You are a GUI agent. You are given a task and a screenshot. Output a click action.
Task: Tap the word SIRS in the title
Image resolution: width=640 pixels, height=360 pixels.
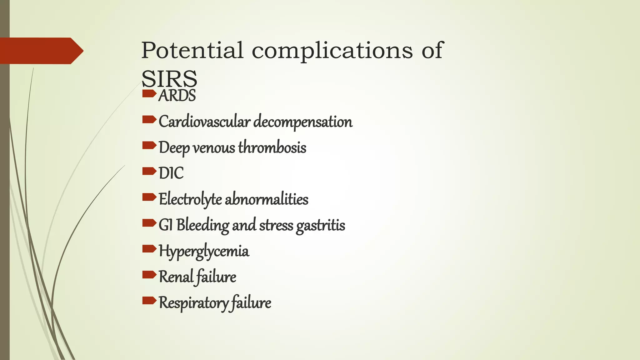coord(169,79)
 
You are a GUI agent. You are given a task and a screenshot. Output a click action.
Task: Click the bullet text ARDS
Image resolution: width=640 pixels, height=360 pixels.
coord(177,96)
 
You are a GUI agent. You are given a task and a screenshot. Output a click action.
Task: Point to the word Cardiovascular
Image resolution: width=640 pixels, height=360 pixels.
coord(204,122)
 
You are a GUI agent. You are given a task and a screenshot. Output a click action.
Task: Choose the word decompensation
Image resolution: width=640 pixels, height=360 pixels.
coord(303,122)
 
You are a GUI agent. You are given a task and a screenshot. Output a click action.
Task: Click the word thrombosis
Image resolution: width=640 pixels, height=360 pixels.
coord(272,147)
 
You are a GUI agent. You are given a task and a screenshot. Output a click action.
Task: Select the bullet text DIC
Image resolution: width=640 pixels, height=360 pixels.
coord(171,173)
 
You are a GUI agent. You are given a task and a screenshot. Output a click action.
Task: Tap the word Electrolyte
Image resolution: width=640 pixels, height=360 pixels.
coord(190,199)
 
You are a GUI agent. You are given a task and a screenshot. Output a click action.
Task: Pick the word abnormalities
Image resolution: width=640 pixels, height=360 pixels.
coord(267,199)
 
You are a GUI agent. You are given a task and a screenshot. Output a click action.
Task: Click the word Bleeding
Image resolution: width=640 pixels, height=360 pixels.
coord(202,225)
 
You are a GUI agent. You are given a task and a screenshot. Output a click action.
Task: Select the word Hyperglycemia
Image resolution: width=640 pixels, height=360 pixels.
coord(204,251)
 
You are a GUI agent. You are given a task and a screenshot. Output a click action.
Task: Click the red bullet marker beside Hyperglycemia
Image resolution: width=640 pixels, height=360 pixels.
coord(149,249)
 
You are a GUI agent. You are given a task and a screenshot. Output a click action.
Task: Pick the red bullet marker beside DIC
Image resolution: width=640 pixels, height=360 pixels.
coord(149,171)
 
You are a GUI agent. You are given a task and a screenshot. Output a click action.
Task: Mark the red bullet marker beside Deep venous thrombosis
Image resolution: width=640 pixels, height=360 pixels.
coord(149,145)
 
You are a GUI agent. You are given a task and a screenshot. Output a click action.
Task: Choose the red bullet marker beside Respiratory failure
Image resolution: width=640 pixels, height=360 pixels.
coord(149,301)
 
